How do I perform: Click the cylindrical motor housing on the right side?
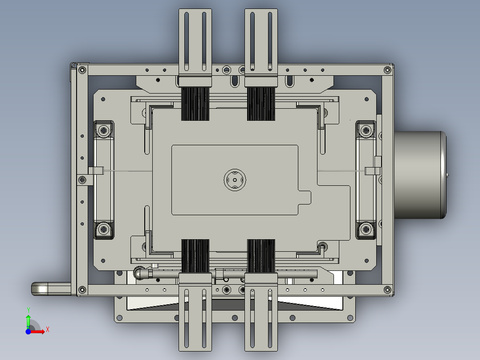coord(421,175)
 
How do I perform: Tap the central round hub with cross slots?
coord(235,180)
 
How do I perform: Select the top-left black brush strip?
coord(195,103)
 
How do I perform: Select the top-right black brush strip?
coord(261,103)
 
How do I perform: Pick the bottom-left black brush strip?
coord(195,256)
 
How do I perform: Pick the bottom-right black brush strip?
coord(261,256)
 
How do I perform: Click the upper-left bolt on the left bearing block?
coord(104,131)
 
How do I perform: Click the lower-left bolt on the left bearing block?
coord(104,229)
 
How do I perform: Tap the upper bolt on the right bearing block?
coord(366,131)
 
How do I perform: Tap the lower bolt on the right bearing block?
coord(366,229)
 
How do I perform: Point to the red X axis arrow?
coord(40,331)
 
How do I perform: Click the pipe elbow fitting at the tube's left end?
coord(139,273)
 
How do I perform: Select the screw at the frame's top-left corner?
coord(82,70)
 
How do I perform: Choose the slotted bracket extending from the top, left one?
coord(195,40)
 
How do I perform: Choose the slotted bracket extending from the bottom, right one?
coord(261,319)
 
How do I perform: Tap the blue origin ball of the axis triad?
coord(28,331)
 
